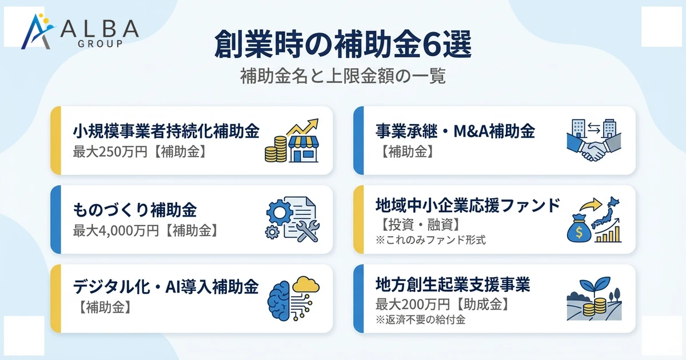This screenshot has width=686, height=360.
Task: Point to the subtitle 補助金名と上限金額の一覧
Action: [x=343, y=76]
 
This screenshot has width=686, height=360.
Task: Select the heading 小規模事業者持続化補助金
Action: [x=166, y=131]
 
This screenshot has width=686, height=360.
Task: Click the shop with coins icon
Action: [x=292, y=141]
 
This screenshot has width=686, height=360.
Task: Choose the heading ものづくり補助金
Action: [x=135, y=210]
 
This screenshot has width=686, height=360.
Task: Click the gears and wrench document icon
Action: [x=292, y=219]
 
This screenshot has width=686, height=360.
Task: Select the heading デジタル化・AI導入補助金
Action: [x=166, y=285]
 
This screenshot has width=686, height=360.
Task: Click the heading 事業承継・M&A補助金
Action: [x=455, y=131]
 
